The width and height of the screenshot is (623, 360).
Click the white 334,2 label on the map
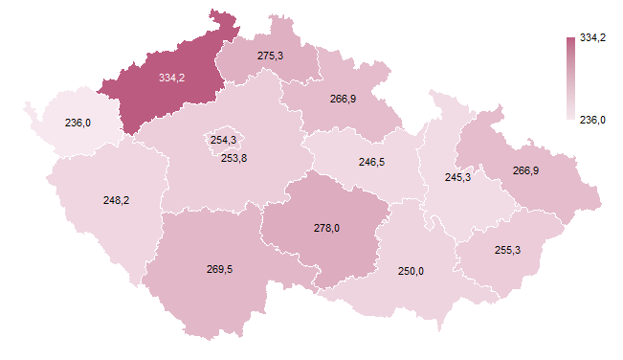(172, 78)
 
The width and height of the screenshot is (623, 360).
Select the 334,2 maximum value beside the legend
(594, 37)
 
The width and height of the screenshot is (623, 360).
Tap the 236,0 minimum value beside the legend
(594, 120)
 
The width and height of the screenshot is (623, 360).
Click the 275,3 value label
(271, 56)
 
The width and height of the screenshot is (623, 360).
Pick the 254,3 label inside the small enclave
(223, 140)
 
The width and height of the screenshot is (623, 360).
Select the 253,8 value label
(234, 158)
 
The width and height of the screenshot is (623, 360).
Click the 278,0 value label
(327, 228)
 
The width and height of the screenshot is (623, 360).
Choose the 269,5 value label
(219, 269)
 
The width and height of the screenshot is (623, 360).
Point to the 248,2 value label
(117, 200)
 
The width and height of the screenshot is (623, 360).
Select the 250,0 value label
(412, 271)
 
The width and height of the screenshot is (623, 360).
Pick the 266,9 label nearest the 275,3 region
(344, 98)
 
